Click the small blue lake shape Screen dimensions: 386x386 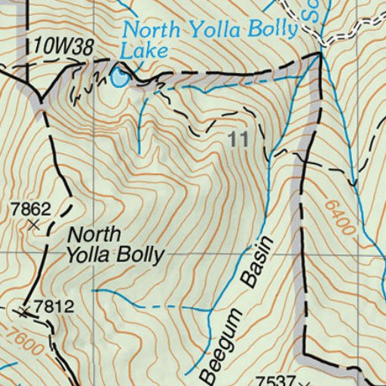point(118,77)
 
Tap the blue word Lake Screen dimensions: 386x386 point(144,51)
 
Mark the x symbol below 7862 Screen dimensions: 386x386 point(34,225)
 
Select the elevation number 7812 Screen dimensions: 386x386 point(54,306)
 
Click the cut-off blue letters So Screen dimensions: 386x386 point(309,9)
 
